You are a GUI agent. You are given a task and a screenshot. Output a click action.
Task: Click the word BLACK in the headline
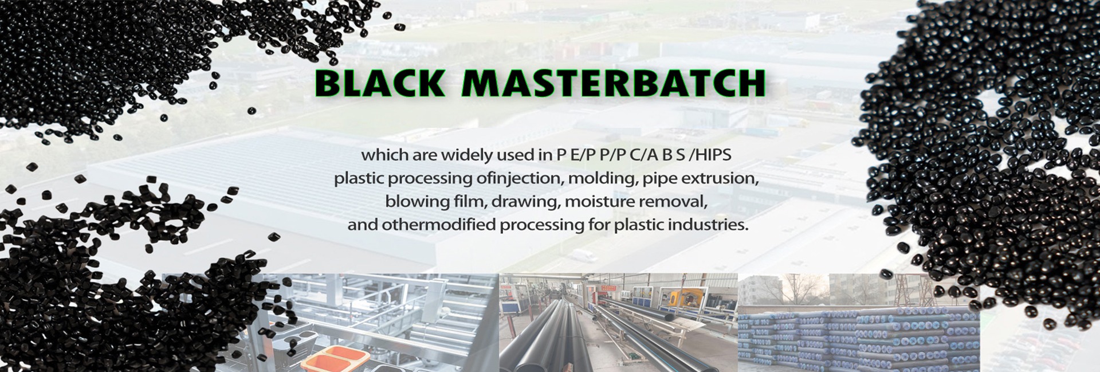pos(379,83)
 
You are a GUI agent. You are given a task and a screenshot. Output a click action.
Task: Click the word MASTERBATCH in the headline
pos(614,83)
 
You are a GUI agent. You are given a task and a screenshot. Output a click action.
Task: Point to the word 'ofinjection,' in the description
pos(520,179)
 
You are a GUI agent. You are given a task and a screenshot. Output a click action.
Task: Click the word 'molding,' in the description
pos(603,179)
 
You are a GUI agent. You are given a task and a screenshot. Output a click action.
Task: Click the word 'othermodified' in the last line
pos(439,225)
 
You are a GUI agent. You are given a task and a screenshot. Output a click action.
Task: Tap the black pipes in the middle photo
pos(573,338)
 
